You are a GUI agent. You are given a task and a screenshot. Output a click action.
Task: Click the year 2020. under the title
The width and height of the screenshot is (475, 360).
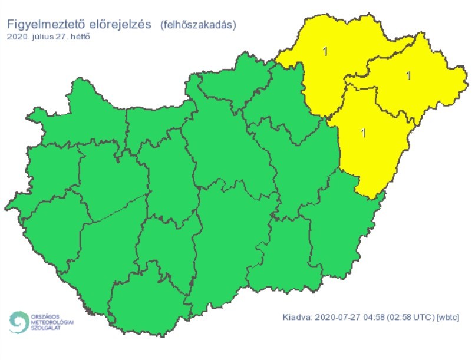coord(19,37)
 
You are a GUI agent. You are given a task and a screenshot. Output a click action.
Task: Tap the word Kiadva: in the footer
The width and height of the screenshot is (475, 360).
coord(296,318)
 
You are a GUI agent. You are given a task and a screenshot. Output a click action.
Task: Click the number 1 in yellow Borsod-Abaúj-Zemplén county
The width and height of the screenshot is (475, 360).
coord(325,51)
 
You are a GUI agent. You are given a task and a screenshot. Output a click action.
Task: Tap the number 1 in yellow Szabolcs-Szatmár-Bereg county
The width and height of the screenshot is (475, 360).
coord(408,75)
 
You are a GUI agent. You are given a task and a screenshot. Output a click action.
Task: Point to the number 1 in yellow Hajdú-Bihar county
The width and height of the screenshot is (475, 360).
coord(363,133)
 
